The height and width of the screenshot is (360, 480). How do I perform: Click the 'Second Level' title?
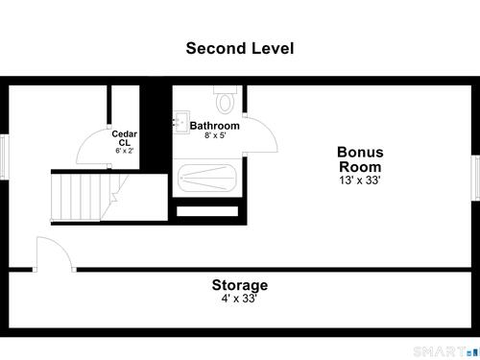[x=240, y=48]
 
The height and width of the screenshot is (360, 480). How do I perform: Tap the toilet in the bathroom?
[x=226, y=100]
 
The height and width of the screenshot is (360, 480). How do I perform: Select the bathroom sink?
[x=181, y=122]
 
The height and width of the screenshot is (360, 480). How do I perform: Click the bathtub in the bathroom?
[x=207, y=178]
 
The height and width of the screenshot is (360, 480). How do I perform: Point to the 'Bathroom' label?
[x=215, y=126]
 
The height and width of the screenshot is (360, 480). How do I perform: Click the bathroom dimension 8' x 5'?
[x=215, y=135]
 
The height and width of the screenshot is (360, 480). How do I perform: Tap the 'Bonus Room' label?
[x=360, y=159]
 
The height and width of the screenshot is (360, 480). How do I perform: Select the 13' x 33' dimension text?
[x=360, y=180]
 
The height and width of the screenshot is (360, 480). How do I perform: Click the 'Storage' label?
[x=240, y=285]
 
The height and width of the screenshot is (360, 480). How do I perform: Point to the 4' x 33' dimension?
[x=239, y=299]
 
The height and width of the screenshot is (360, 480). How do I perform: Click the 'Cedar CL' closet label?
[x=124, y=138]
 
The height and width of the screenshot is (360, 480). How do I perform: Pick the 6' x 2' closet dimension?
[x=125, y=151]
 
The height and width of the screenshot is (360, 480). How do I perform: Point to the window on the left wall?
[x=4, y=156]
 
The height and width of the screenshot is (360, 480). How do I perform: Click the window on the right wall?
[x=475, y=178]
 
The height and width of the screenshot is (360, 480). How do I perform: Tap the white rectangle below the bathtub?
[x=207, y=211]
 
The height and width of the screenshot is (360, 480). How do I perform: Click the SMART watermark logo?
[x=446, y=352]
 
